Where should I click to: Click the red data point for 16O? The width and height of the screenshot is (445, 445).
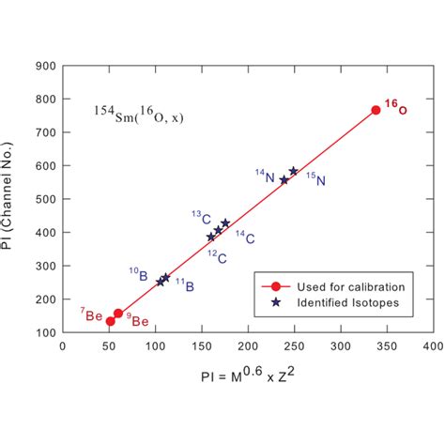376,110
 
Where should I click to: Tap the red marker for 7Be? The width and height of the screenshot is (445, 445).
111,321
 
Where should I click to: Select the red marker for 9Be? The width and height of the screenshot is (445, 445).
118,314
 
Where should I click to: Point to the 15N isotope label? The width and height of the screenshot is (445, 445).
316,180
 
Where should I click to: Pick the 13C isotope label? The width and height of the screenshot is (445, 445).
201,217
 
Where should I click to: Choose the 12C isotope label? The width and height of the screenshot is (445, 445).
216,256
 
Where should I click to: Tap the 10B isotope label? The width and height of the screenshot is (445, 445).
138,274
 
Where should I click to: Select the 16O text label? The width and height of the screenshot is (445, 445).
395,108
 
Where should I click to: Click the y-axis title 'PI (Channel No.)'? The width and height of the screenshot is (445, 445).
18,198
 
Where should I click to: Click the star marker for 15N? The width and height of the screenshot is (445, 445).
294,171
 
